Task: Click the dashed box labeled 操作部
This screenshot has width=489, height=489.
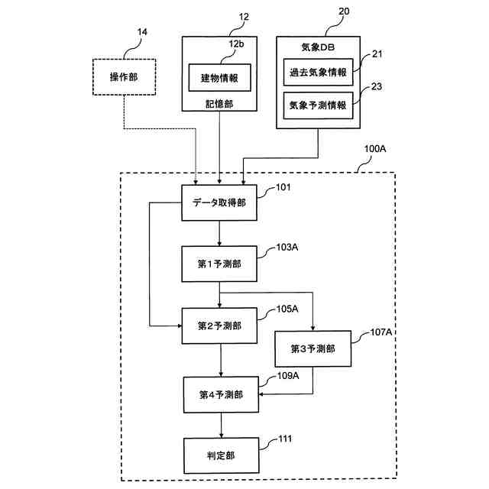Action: tap(123, 77)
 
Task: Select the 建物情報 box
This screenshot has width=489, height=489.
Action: tap(220, 77)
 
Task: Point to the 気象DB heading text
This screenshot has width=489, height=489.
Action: tap(319, 47)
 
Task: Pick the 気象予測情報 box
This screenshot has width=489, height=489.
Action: tap(319, 105)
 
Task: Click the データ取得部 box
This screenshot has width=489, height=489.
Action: tap(219, 202)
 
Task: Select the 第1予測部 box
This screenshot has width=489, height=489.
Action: tap(219, 264)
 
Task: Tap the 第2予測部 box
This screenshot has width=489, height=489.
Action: tap(219, 326)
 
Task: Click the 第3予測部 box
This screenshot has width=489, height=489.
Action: tap(313, 349)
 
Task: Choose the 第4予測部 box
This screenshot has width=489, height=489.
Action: tap(221, 395)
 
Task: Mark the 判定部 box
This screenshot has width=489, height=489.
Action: tap(220, 455)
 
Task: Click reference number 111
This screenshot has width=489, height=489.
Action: tap(284, 439)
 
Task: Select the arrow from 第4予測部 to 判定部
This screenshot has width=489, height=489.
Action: tap(221, 425)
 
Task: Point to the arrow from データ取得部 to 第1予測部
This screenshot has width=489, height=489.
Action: tap(219, 233)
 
